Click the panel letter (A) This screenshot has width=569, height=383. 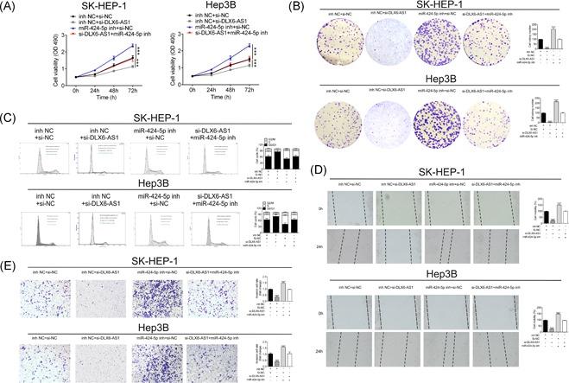[x=13, y=8]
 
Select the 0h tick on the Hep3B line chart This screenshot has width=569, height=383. [x=173, y=89]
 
